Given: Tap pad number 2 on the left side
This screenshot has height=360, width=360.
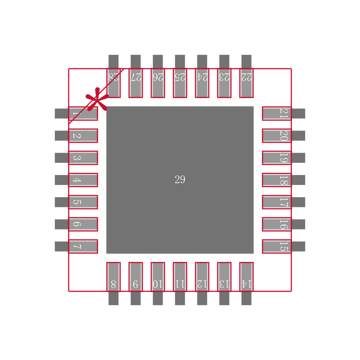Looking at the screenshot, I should tap(83, 135).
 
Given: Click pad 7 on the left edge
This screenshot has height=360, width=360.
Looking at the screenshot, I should tap(83, 246).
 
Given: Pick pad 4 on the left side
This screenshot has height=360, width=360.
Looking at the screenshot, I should tap(83, 180).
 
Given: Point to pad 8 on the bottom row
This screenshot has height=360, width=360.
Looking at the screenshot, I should tap(113, 277).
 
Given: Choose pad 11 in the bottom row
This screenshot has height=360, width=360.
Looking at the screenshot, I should tap(180, 277).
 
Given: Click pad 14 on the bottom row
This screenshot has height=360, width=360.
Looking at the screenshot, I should tap(246, 277).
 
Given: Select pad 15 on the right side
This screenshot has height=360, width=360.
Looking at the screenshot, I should tap(277, 246).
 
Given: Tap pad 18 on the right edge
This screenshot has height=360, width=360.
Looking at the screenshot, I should tap(277, 180).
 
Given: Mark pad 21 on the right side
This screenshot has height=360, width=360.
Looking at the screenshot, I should tap(277, 113).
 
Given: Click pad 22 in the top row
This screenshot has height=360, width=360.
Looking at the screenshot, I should tap(246, 83).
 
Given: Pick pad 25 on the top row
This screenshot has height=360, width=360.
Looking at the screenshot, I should tap(180, 83).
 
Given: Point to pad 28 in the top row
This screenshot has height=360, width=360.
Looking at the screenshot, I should tap(113, 83).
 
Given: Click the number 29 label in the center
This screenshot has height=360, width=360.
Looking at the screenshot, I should tap(180, 180).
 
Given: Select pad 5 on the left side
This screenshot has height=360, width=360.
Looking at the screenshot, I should tap(83, 202).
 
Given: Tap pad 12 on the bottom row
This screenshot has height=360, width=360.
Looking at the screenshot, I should tap(202, 277).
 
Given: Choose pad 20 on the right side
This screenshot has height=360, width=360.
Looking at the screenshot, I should tap(277, 135).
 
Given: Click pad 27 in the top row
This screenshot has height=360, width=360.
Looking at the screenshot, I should tap(135, 83).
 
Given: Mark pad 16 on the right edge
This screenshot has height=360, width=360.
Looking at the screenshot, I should tap(277, 224).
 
